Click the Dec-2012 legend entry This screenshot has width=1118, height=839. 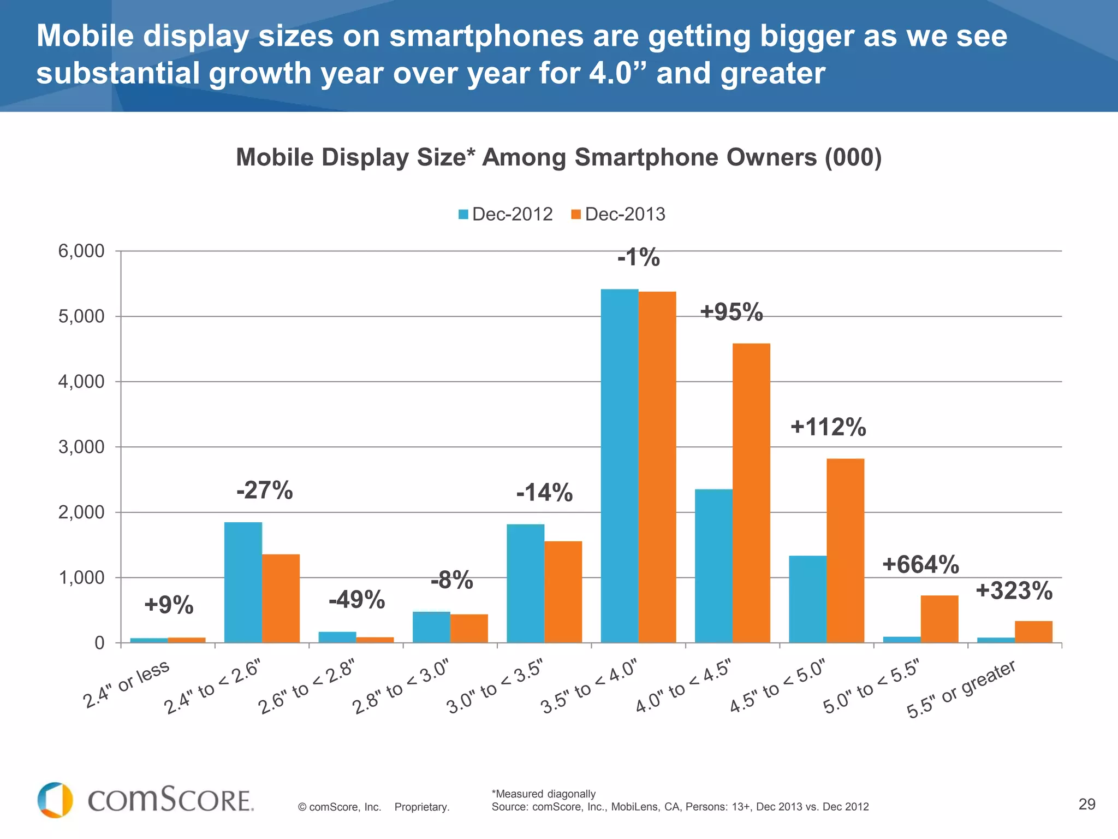coord(506,214)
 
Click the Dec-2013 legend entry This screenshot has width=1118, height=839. coord(618,214)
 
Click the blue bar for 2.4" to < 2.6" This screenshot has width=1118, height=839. coord(243,582)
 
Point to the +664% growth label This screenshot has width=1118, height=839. coord(920,565)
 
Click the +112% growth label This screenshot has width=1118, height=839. coord(828,427)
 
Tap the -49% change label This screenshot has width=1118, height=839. coord(356,600)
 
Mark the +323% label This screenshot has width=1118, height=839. coord(1014,591)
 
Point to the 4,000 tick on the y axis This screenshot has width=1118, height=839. coord(81,382)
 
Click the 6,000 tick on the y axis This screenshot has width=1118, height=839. coord(81,251)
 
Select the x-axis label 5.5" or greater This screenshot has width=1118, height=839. coord(961,689)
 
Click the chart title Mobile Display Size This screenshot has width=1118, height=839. coord(558,158)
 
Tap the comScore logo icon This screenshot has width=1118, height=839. coord(55,800)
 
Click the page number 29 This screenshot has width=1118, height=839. coord(1087,804)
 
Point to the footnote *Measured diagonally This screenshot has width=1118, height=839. coord(543,794)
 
